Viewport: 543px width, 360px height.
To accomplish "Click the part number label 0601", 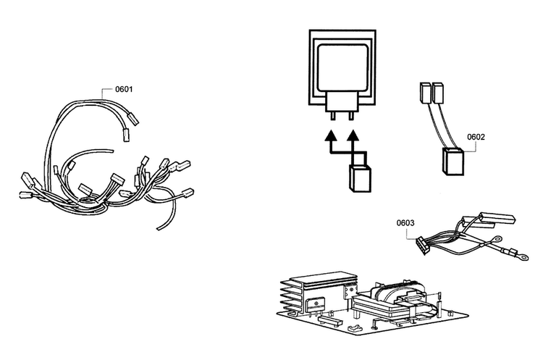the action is [124, 89].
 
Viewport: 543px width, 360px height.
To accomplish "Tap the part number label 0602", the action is [476, 137].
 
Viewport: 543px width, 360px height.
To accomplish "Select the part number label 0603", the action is [405, 223].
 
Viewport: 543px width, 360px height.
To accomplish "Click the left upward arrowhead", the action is [332, 135].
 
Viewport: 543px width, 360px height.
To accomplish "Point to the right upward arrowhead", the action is [353, 135].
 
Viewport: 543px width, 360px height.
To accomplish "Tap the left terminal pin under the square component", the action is [333, 116].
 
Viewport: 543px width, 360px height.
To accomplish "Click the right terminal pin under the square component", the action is [351, 116].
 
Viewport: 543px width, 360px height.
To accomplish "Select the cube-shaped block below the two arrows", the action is [360, 179].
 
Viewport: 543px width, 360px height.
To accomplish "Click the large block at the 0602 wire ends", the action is [453, 162].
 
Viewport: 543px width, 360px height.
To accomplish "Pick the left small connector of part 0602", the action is [425, 93].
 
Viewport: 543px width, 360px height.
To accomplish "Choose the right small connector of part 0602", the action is [438, 93].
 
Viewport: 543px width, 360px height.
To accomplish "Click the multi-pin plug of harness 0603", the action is [424, 246].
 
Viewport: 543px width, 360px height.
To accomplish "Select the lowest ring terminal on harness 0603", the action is [521, 256].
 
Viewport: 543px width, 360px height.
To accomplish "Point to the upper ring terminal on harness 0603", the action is [496, 238].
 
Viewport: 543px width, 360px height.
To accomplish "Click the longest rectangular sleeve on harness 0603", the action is [497, 219].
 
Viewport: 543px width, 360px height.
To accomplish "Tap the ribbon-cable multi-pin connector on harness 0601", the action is [117, 180].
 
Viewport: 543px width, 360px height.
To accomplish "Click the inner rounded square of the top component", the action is [342, 68].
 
